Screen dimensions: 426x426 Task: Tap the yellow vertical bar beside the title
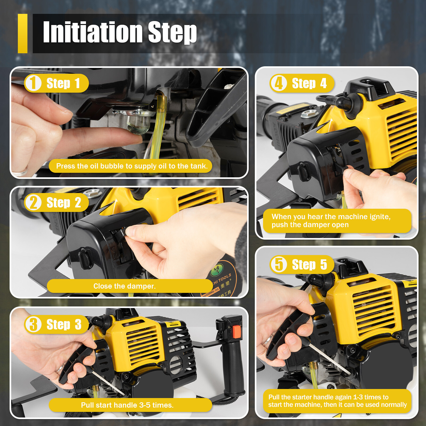23,34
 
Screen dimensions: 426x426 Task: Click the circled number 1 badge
33,83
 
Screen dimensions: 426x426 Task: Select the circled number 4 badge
279,83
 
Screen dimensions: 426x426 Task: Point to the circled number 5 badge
279,264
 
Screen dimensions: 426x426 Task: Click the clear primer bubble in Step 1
138,124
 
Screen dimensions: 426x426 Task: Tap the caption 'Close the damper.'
124,286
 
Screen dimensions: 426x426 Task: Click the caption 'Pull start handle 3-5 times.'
127,405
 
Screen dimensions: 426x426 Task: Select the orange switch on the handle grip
237,332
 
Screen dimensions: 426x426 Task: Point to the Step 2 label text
64,203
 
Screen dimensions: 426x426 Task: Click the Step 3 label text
64,325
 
